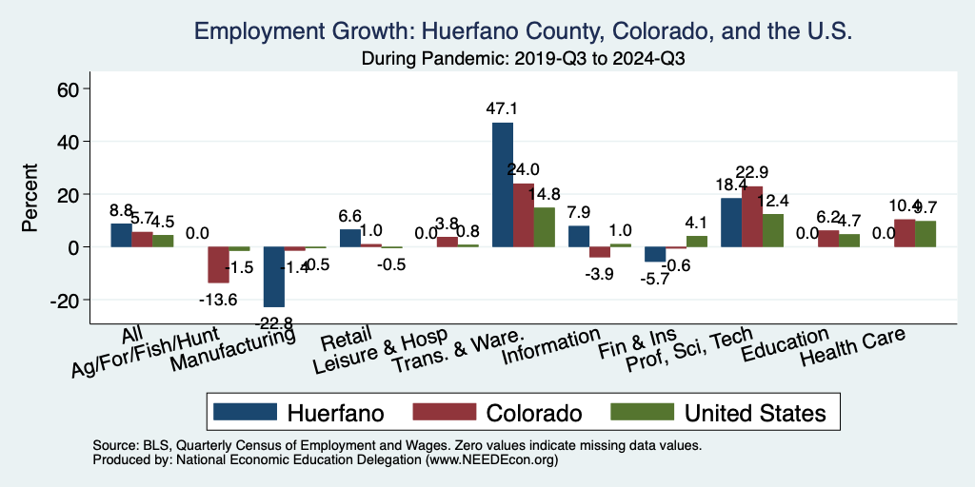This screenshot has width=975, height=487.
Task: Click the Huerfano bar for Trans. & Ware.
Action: [x=503, y=185]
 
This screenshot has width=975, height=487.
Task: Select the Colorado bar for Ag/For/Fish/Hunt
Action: [x=219, y=265]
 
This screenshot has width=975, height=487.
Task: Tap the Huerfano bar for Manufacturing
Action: [x=274, y=277]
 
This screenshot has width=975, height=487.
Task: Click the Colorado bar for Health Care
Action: [x=905, y=233]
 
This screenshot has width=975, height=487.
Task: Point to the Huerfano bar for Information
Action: [x=579, y=236]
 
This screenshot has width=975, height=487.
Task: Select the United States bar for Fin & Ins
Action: [x=697, y=242]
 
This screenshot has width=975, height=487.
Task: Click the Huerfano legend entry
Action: [x=298, y=413]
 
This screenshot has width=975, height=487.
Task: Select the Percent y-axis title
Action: [x=30, y=201]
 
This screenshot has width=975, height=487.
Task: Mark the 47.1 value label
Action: [x=502, y=109]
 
